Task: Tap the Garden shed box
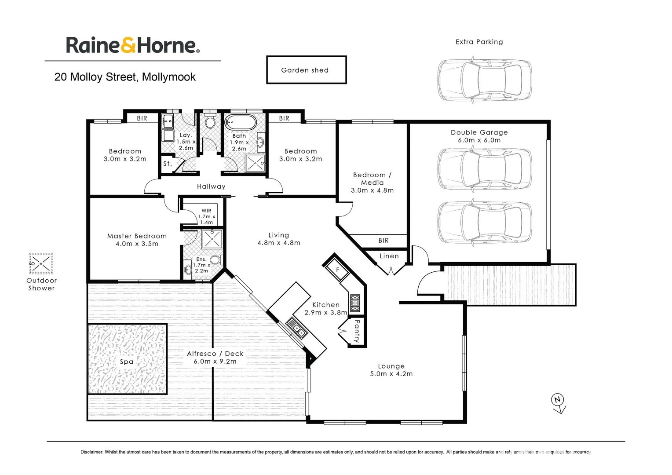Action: (x=306, y=70)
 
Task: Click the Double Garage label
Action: (x=479, y=132)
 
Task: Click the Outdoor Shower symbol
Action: (x=41, y=264)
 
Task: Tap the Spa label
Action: (x=127, y=362)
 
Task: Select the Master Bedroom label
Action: (x=137, y=236)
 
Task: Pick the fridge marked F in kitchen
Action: (x=338, y=270)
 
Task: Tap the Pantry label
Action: (x=357, y=331)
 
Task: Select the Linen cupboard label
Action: (x=389, y=256)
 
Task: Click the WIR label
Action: (x=206, y=211)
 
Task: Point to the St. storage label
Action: (x=167, y=164)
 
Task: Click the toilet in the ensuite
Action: (x=215, y=260)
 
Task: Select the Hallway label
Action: (x=211, y=186)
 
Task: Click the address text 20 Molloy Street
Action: (x=125, y=77)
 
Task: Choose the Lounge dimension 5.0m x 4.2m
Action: (x=391, y=374)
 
